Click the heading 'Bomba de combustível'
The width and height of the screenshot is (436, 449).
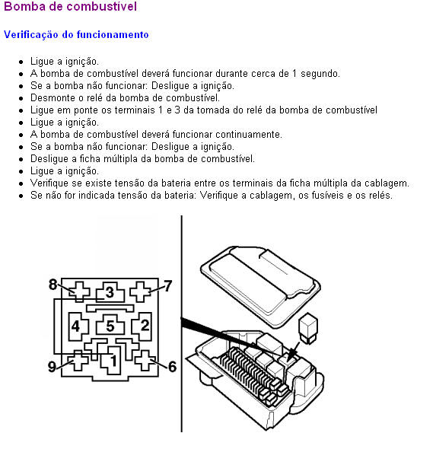[71, 6]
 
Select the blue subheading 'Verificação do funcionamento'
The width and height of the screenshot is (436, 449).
[76, 35]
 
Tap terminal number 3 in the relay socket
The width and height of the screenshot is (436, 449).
[110, 292]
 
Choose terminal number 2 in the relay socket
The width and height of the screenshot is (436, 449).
[145, 325]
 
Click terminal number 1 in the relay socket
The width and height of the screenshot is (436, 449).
[113, 361]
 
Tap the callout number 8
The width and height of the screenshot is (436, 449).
[53, 285]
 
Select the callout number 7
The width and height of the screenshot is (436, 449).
[167, 286]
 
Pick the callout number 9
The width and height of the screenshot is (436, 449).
[52, 367]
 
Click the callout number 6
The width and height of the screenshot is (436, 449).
[172, 367]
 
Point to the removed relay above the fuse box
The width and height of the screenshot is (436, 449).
[307, 329]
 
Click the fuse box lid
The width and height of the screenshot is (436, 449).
[260, 286]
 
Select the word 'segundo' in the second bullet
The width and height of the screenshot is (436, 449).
[320, 74]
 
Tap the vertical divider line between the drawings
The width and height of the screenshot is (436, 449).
[182, 323]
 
